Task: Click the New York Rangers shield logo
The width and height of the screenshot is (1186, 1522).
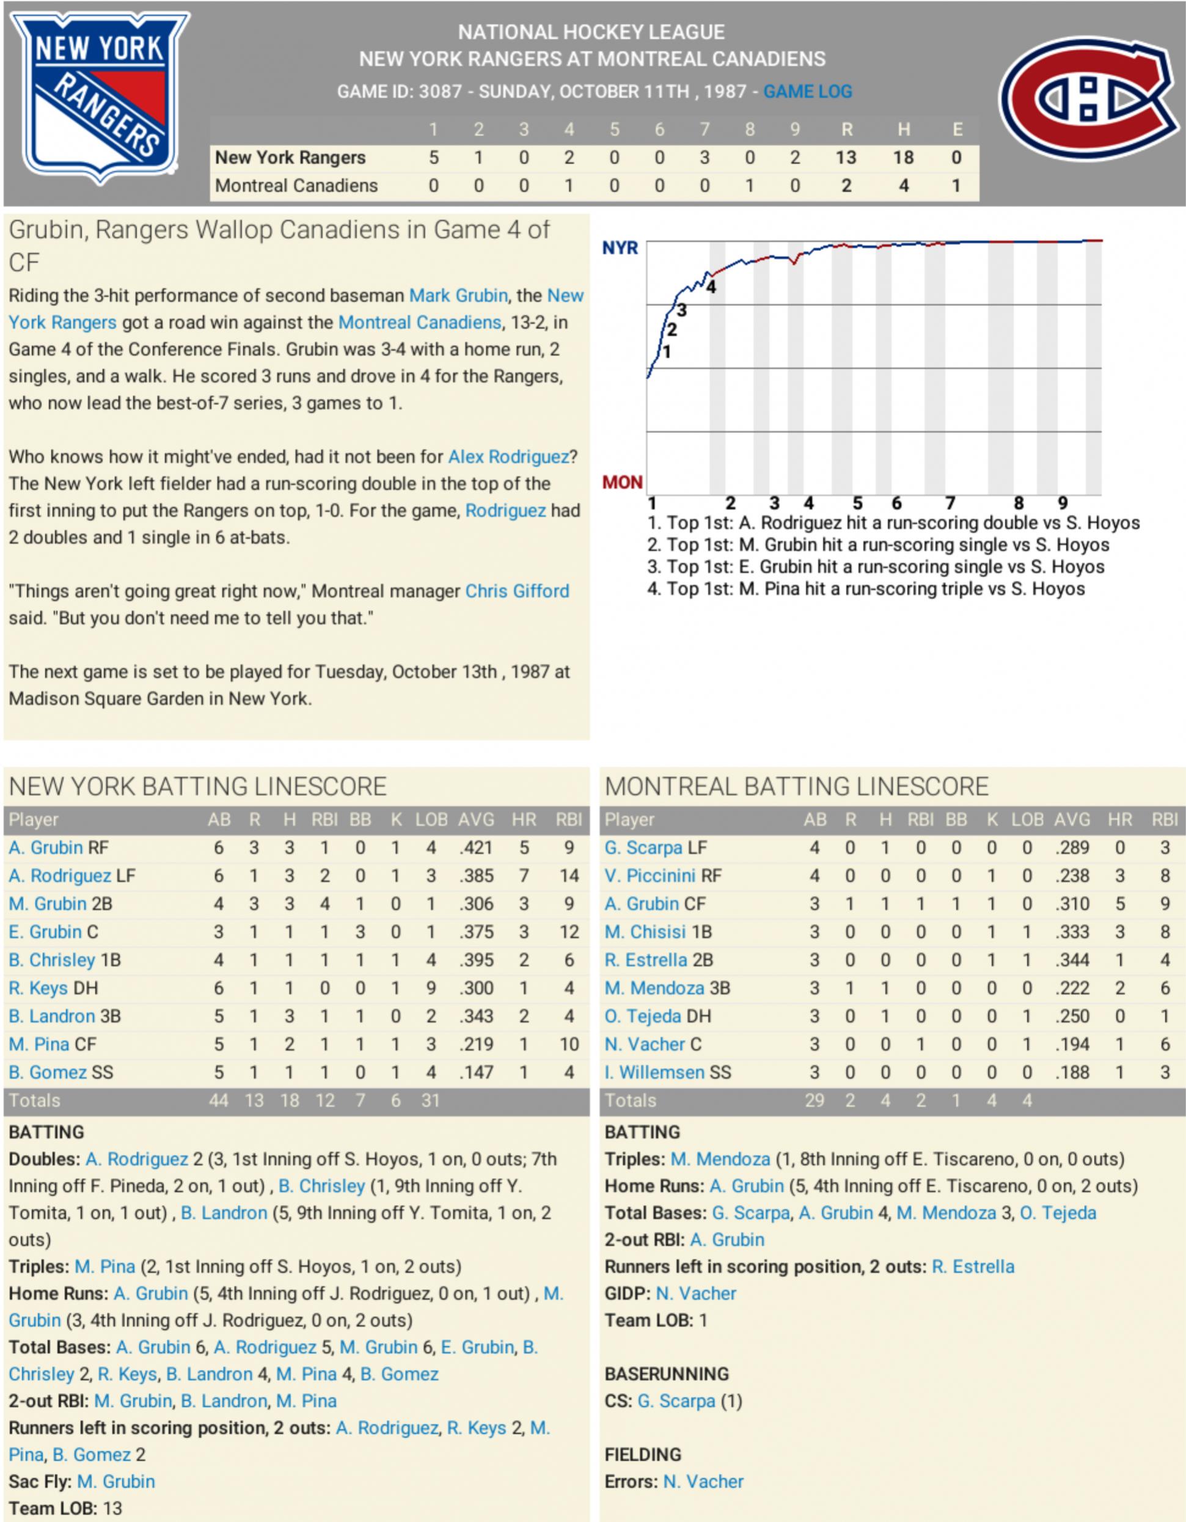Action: [x=99, y=98]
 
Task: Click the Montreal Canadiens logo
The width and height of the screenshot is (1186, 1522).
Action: [x=1088, y=98]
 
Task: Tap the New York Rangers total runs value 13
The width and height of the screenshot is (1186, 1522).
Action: [x=845, y=158]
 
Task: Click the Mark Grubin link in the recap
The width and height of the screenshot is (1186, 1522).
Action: [x=458, y=296]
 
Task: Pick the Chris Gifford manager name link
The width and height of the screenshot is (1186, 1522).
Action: [x=517, y=591]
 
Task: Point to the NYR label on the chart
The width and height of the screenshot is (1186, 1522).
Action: [x=620, y=248]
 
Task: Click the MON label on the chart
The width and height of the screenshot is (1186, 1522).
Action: [x=621, y=482]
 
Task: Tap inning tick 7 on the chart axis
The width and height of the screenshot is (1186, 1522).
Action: [x=950, y=503]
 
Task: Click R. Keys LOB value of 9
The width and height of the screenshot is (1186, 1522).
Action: [x=431, y=988]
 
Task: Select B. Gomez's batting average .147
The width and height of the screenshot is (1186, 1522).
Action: [x=476, y=1072]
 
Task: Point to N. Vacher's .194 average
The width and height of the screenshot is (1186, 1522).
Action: [x=1072, y=1045]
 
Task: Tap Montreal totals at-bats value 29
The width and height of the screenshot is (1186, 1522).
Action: [x=814, y=1100]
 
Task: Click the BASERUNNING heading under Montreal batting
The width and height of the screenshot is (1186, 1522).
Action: [x=666, y=1374]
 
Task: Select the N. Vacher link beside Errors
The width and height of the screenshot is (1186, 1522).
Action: [x=703, y=1482]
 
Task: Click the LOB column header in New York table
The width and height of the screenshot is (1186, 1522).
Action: [x=431, y=819]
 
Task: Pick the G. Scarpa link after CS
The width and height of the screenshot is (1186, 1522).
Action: [x=676, y=1401]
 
